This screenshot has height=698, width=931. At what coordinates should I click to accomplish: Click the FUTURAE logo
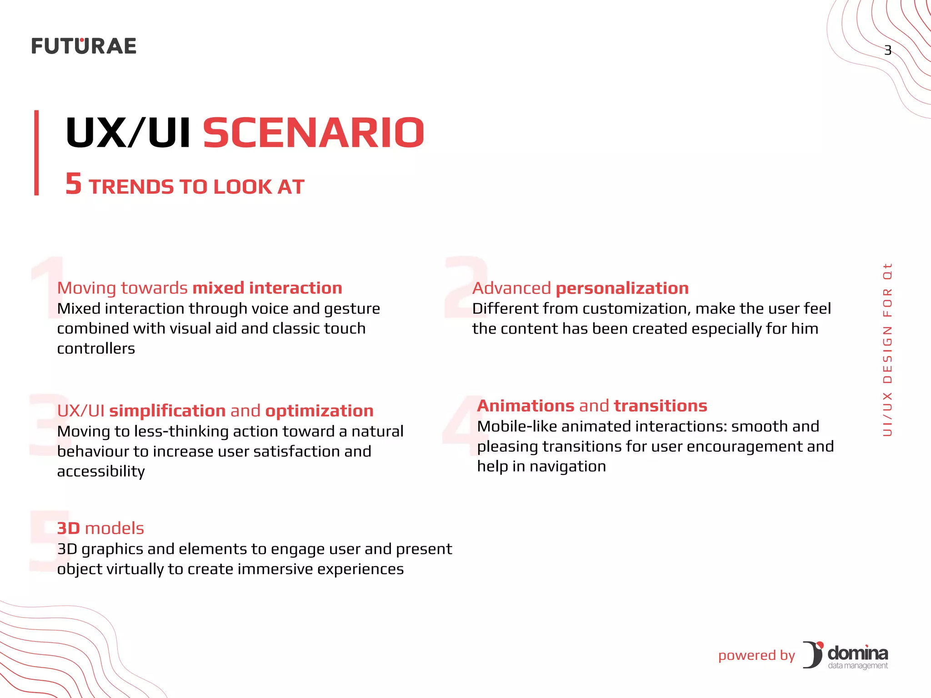tap(84, 46)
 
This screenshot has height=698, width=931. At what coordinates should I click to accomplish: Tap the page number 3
tap(887, 50)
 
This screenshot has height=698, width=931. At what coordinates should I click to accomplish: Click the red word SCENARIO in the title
tap(313, 133)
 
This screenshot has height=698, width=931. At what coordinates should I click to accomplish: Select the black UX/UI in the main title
tap(128, 133)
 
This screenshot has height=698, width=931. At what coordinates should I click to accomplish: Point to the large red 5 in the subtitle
tap(74, 184)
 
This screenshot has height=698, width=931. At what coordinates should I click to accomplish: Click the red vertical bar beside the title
tap(36, 153)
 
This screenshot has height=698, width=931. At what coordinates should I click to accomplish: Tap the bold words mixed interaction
tap(267, 288)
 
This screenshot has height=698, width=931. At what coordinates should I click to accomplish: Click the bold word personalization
tap(622, 288)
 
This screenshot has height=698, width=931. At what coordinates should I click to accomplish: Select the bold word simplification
tap(167, 411)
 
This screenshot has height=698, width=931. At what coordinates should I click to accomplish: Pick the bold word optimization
tap(319, 411)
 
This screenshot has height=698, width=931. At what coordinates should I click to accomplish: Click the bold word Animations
tap(526, 406)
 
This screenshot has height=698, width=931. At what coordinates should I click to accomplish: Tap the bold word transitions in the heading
tap(660, 406)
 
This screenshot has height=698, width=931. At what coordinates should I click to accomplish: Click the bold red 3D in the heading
tap(68, 528)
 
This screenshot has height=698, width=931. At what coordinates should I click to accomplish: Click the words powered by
tap(756, 655)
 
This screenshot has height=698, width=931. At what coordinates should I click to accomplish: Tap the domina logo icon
tap(813, 654)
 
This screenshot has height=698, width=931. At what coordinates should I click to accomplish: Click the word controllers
tap(96, 349)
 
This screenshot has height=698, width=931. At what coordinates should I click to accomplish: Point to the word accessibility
tap(101, 472)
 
